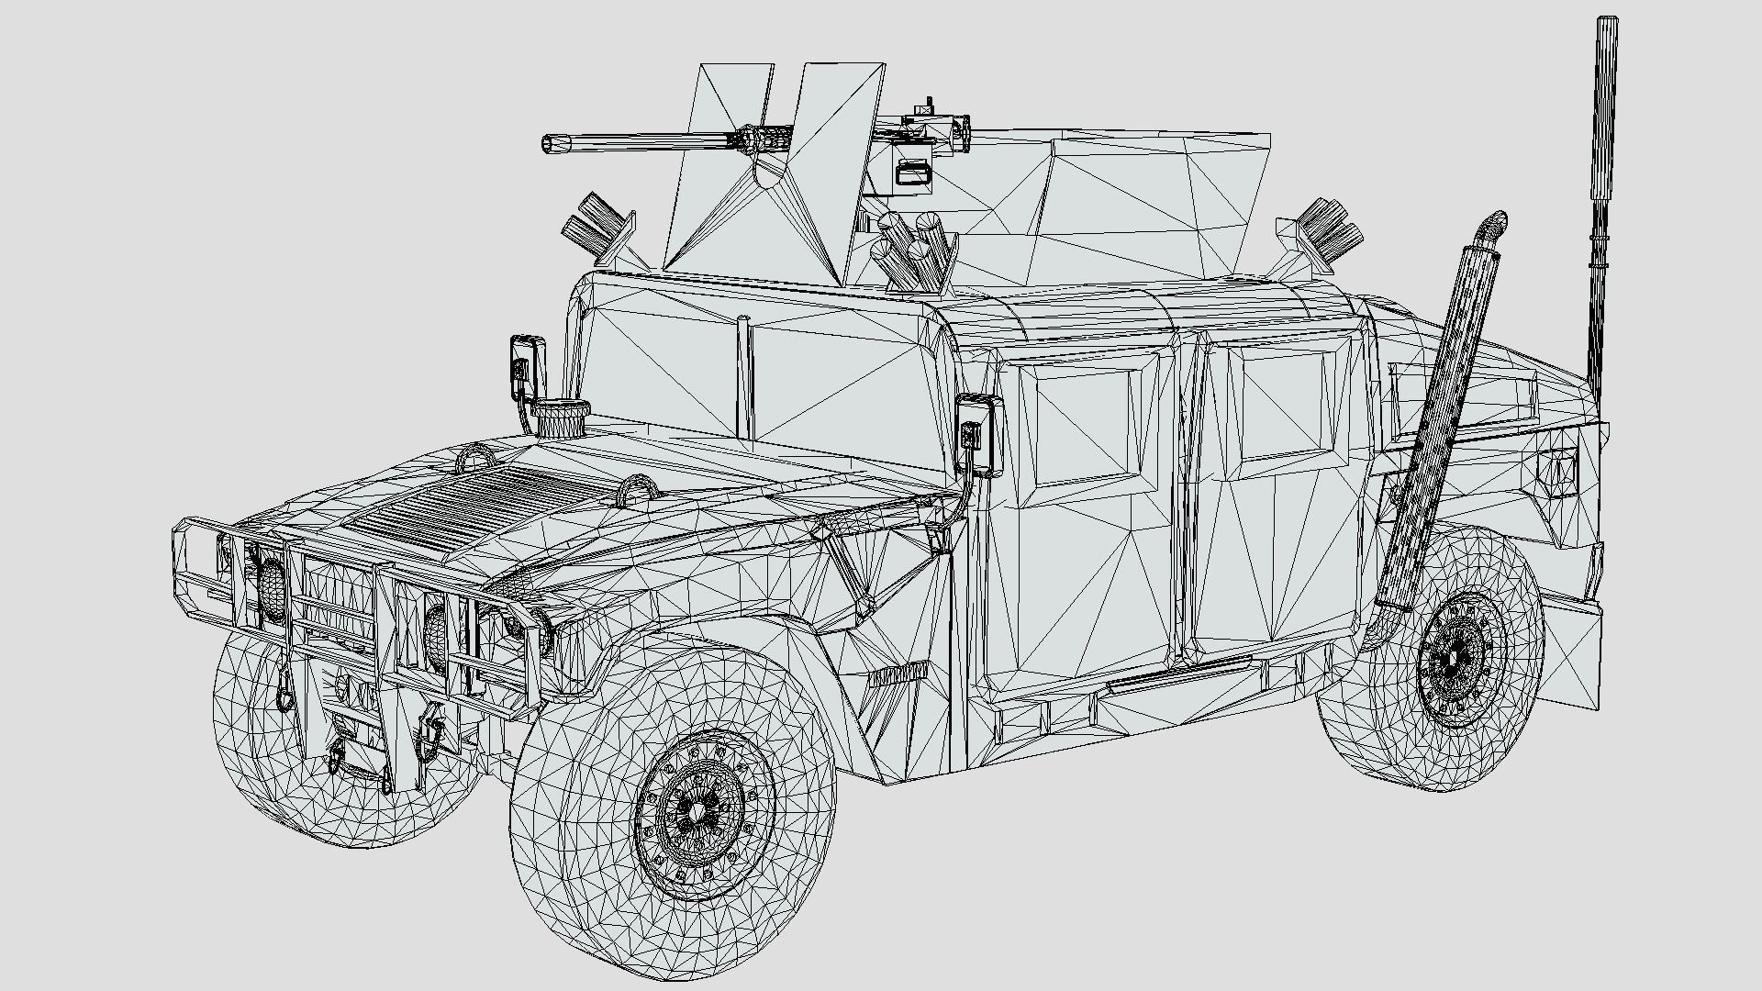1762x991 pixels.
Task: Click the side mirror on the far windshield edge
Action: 525,367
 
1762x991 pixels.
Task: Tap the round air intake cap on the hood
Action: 562,417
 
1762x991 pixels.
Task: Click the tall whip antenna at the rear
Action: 1604,184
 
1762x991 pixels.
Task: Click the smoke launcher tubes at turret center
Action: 913,246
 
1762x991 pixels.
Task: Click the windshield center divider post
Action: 745,376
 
